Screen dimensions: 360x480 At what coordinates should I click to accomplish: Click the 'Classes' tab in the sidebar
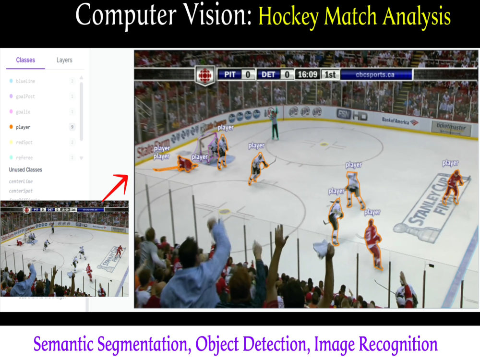tap(25, 60)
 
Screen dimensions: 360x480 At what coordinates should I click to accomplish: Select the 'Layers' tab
tap(64, 60)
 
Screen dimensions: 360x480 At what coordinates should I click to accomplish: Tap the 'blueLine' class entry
tap(25, 81)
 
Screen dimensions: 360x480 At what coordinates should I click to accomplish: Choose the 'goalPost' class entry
tap(25, 96)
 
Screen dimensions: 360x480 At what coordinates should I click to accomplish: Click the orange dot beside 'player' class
tap(11, 127)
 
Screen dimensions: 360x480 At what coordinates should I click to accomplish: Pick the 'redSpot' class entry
tap(25, 143)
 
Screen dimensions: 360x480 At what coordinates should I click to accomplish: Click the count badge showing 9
tap(72, 127)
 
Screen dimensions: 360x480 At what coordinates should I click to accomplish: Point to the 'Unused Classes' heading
tap(25, 170)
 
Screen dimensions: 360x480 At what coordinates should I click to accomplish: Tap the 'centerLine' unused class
tap(21, 181)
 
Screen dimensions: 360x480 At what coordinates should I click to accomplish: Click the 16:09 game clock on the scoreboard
tap(307, 75)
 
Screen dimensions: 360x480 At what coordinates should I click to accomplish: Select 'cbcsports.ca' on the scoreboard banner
tap(375, 75)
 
